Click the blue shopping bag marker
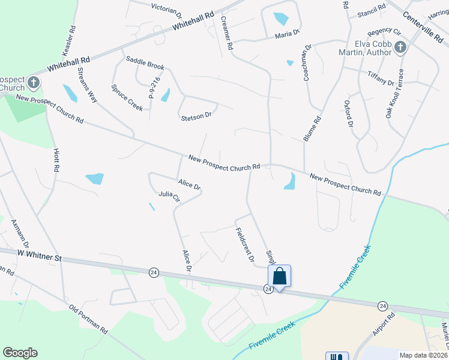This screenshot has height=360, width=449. point(280,276)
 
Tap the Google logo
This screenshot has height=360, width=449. point(20,353)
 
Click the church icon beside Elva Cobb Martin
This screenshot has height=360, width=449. point(400,48)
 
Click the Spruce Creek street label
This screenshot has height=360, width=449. point(127,97)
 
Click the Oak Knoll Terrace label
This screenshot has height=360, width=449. point(396,97)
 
